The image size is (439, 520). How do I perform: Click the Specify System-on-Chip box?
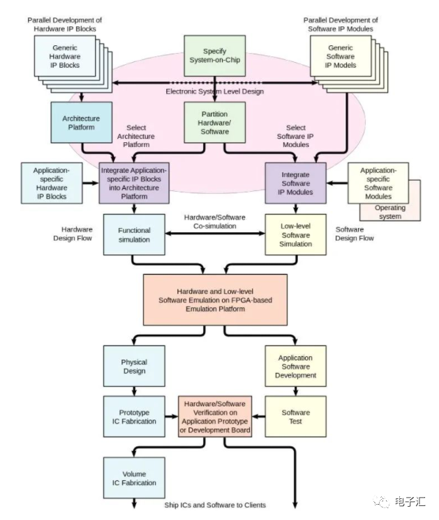214,56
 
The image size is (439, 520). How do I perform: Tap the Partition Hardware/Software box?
214,123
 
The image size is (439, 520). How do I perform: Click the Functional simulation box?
134,234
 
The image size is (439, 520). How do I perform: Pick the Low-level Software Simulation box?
295,234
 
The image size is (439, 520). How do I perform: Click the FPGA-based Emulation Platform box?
215,299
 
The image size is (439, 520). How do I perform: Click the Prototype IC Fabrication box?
134,416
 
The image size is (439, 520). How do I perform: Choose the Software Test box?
295,416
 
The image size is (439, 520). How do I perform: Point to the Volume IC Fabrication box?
134,477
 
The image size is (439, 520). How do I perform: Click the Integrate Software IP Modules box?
295,183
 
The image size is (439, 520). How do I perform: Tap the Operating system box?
389,211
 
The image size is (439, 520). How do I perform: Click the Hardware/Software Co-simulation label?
215,221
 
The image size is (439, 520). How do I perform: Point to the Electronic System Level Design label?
214,91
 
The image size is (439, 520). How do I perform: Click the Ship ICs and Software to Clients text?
215,505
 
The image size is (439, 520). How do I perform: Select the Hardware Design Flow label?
72,233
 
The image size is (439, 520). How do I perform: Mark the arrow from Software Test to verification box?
258,416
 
